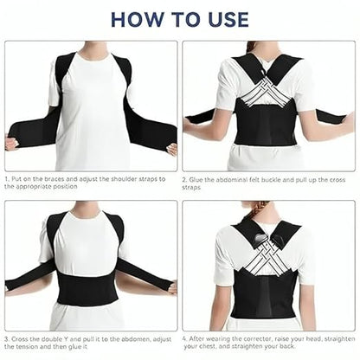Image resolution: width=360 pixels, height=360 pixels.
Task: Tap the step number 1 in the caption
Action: coord(6,178)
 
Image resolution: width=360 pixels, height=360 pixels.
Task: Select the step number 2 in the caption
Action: coord(185,178)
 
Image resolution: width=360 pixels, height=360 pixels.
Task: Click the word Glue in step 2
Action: coord(198,178)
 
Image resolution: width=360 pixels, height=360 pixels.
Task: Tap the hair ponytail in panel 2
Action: coord(253,46)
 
